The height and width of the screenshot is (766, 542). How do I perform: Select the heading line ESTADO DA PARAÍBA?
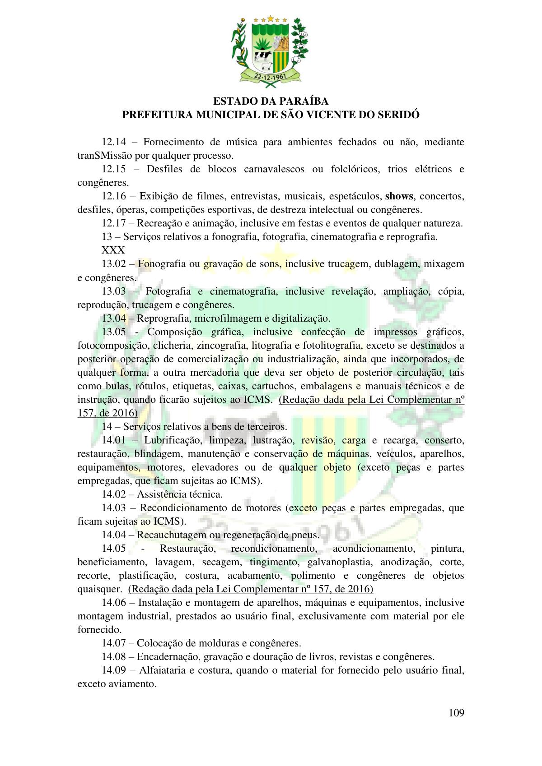pyautogui.click(x=271, y=101)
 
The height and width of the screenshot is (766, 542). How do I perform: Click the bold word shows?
pyautogui.click(x=399, y=196)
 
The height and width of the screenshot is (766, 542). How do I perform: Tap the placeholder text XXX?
pyautogui.click(x=113, y=250)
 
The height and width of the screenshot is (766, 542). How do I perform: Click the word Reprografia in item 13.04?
pyautogui.click(x=161, y=318)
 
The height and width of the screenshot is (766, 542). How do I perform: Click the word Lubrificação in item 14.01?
pyautogui.click(x=170, y=440)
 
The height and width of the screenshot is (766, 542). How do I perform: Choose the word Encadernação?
pyautogui.click(x=167, y=657)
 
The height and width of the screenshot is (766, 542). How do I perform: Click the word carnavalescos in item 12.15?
pyautogui.click(x=274, y=169)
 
